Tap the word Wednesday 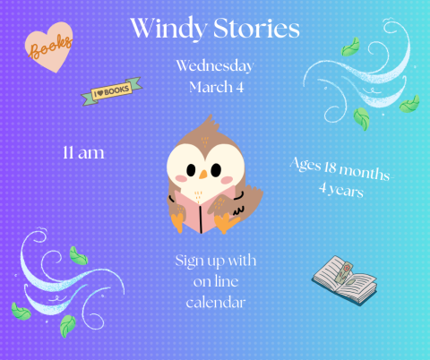pos(214,66)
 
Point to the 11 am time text pos(83,153)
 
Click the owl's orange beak pos(202,172)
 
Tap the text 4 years pos(340,190)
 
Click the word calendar pos(215,303)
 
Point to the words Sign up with pos(216,261)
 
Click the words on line pos(215,281)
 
